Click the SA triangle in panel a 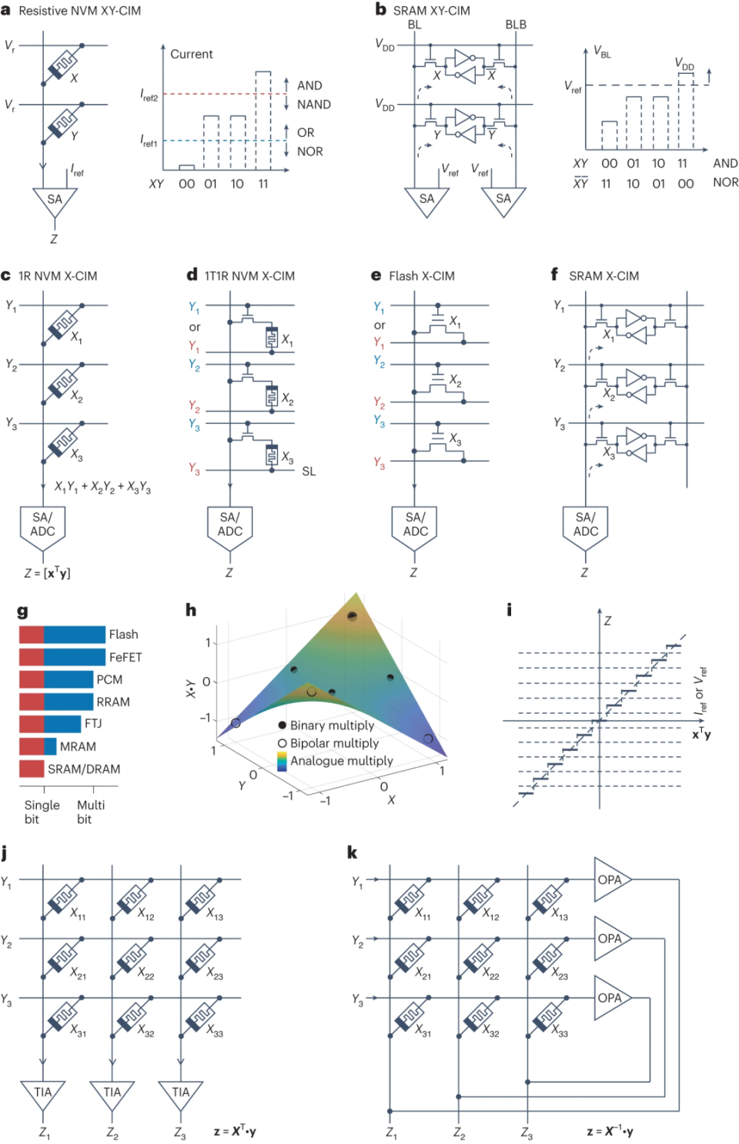pos(54,201)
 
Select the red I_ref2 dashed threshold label pos(149,95)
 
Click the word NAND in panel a pos(313,105)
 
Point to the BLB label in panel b pos(516,25)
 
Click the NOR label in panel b pos(725,182)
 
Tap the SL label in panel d pos(309,472)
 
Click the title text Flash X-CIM pos(421,276)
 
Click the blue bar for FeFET pos(75,657)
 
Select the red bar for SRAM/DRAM pos(32,769)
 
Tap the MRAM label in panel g pos(78,746)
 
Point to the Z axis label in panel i pos(607,620)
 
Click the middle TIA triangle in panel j pos(112,1093)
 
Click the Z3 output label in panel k pos(527,1133)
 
